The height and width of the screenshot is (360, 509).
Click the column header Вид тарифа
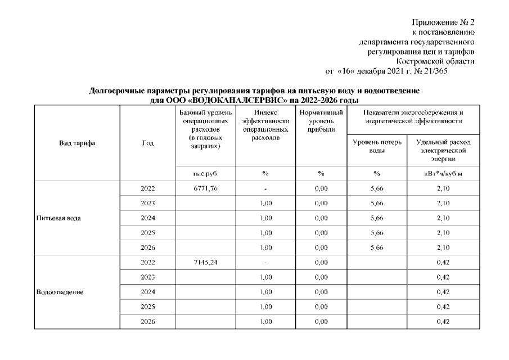click(x=77, y=143)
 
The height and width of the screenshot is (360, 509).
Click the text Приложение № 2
click(x=444, y=23)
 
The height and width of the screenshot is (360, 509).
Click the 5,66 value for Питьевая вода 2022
click(x=376, y=188)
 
